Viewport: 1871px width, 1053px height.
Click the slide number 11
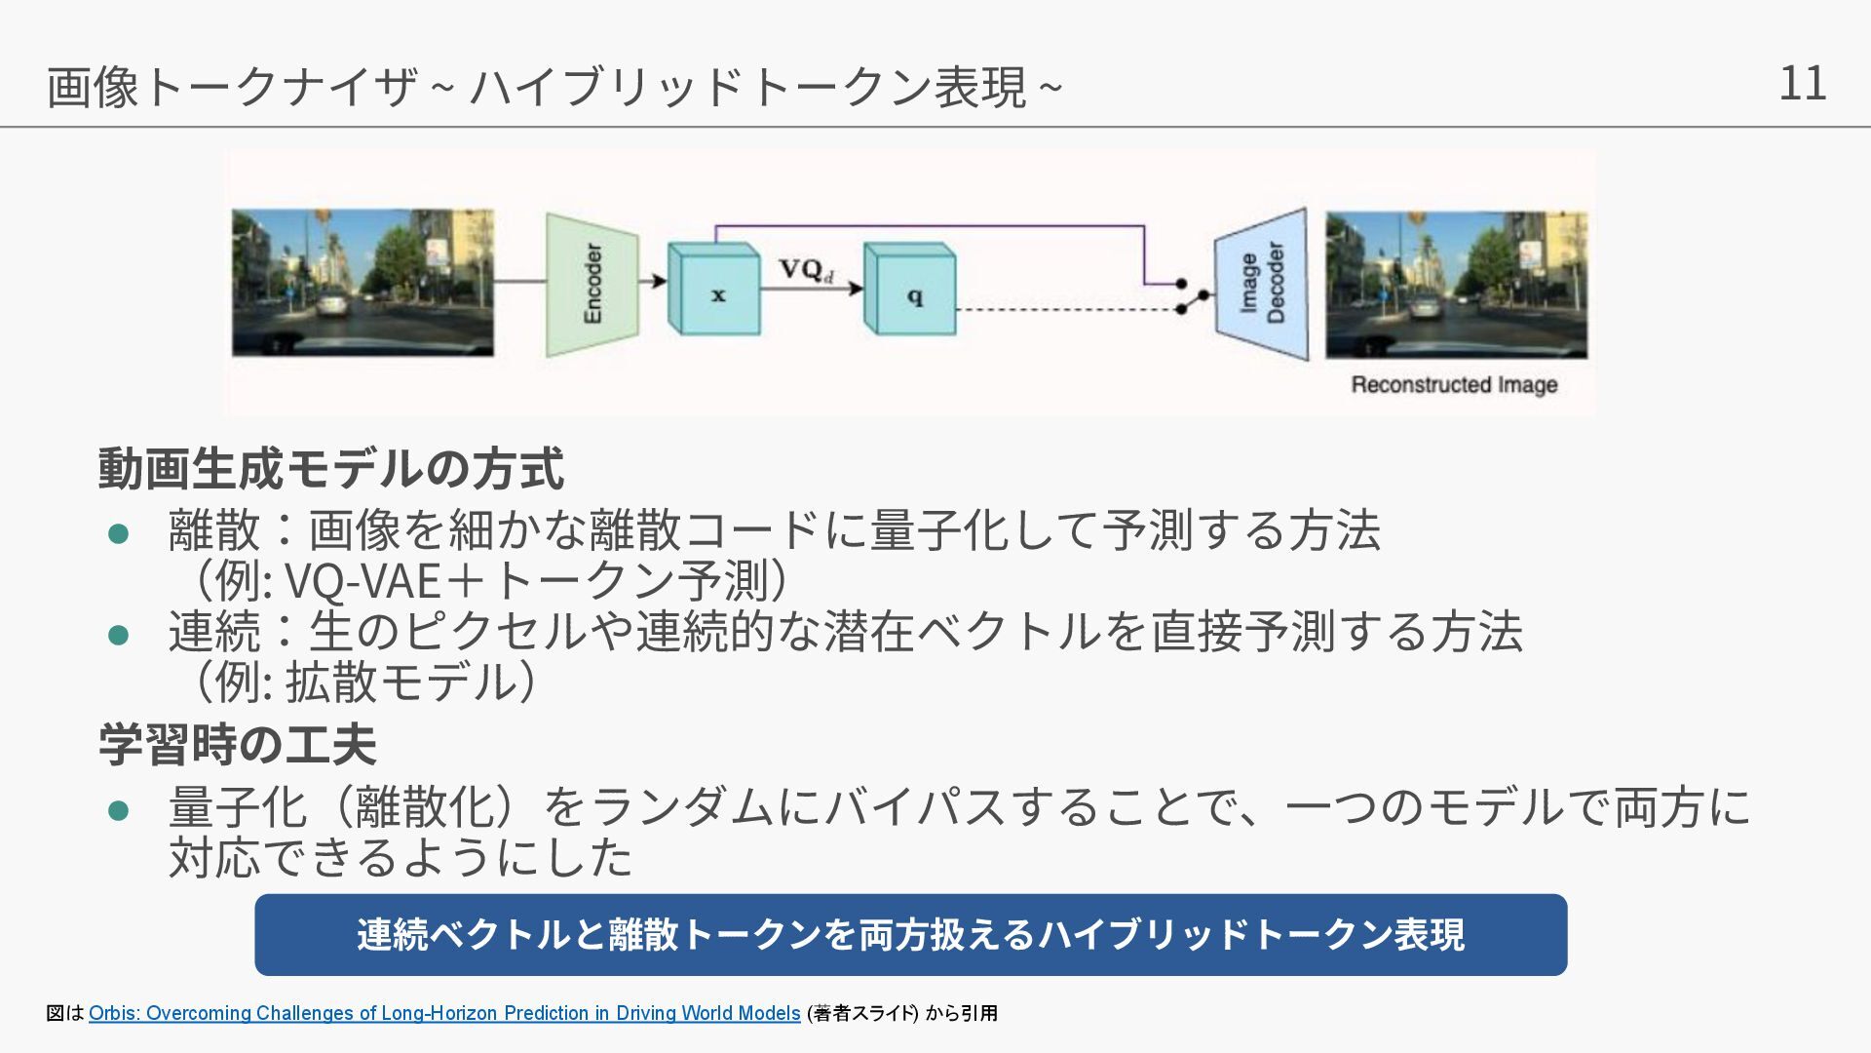(1802, 83)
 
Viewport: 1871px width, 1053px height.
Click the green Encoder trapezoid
(592, 284)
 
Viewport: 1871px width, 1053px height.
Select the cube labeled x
(714, 292)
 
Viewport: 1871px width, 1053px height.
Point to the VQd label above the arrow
(806, 269)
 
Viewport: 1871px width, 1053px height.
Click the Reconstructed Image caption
(1454, 384)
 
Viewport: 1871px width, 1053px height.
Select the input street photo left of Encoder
(363, 282)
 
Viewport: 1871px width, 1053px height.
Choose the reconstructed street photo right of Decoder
(1456, 284)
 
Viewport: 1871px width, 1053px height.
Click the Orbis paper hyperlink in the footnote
(444, 1013)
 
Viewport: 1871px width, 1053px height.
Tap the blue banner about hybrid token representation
(910, 934)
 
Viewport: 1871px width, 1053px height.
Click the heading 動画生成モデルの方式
(330, 468)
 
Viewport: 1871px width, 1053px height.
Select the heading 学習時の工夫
(237, 745)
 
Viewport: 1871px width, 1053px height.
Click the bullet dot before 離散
(119, 533)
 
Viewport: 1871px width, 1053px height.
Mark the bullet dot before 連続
(119, 636)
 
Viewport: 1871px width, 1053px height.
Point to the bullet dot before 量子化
(119, 811)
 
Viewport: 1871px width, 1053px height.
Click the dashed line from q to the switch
(1067, 310)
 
